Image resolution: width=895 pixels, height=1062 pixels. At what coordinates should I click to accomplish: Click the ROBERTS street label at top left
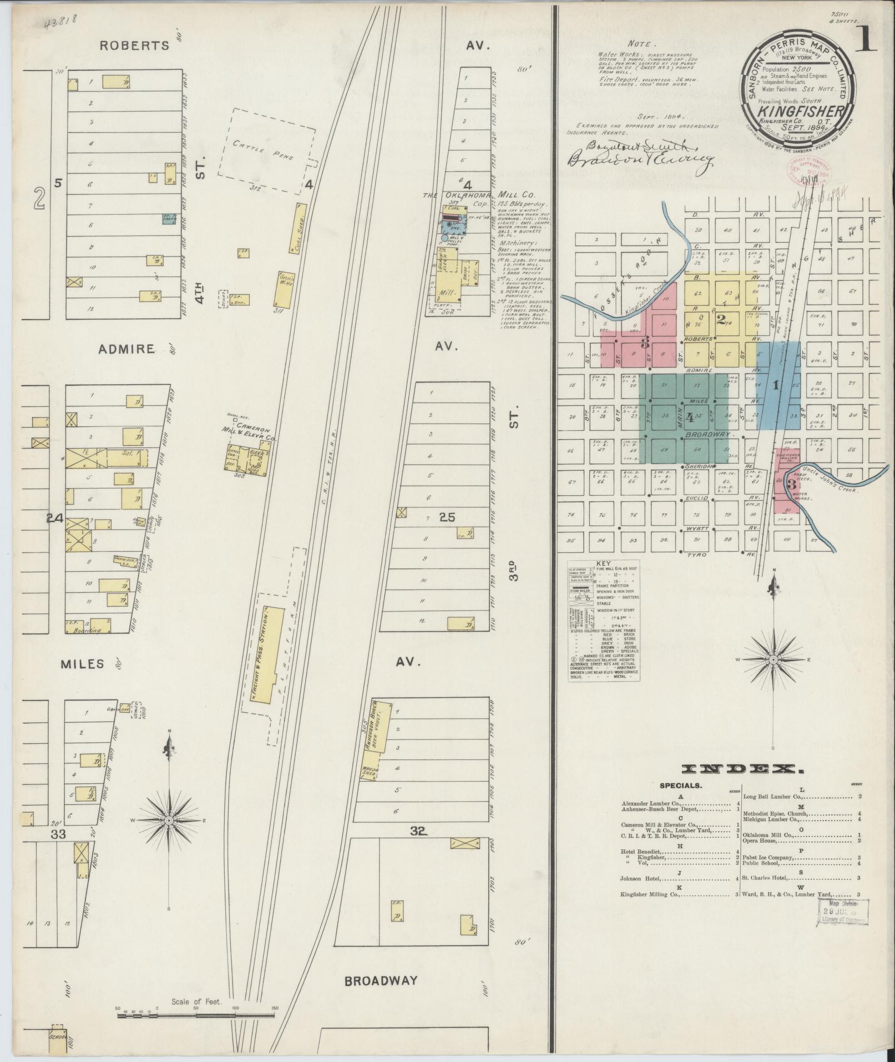pyautogui.click(x=134, y=46)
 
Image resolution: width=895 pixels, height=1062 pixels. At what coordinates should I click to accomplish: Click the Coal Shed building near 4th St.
pyautogui.click(x=299, y=229)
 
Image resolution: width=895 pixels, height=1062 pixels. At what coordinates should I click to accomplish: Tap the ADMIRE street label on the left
pyautogui.click(x=126, y=349)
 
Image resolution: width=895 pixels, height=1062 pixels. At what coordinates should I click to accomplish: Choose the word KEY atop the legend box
pyautogui.click(x=603, y=563)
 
